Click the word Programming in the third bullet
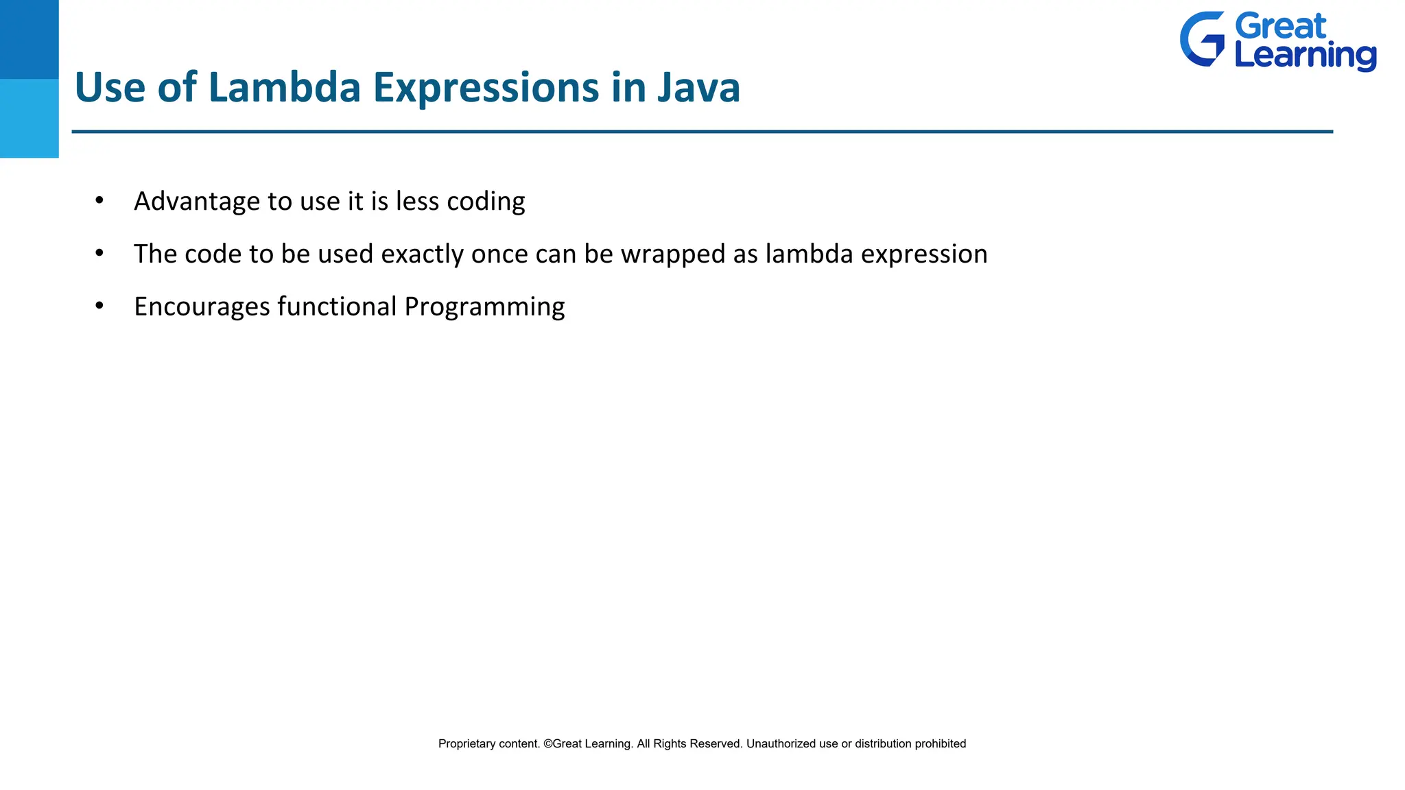tap(484, 307)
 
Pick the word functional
tap(337, 306)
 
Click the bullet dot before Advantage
tap(99, 200)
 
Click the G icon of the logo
tap(1202, 39)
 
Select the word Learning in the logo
tap(1305, 56)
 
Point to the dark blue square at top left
tap(29, 39)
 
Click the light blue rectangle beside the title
tap(29, 118)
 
